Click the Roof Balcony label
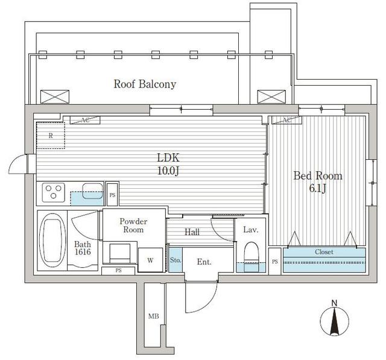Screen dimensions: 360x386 coord(145,84)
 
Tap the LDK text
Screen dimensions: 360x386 coord(168,158)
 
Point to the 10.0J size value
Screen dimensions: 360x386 coord(168,171)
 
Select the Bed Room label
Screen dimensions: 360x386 coord(317,176)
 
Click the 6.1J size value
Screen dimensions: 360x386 coord(317,189)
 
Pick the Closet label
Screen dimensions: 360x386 coord(324,252)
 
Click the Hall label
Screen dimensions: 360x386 coord(192,232)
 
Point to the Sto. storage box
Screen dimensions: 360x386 coord(176,260)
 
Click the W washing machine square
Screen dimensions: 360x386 coord(150,260)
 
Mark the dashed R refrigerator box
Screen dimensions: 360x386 coord(51,136)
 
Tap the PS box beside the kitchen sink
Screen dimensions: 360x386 coord(112,195)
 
